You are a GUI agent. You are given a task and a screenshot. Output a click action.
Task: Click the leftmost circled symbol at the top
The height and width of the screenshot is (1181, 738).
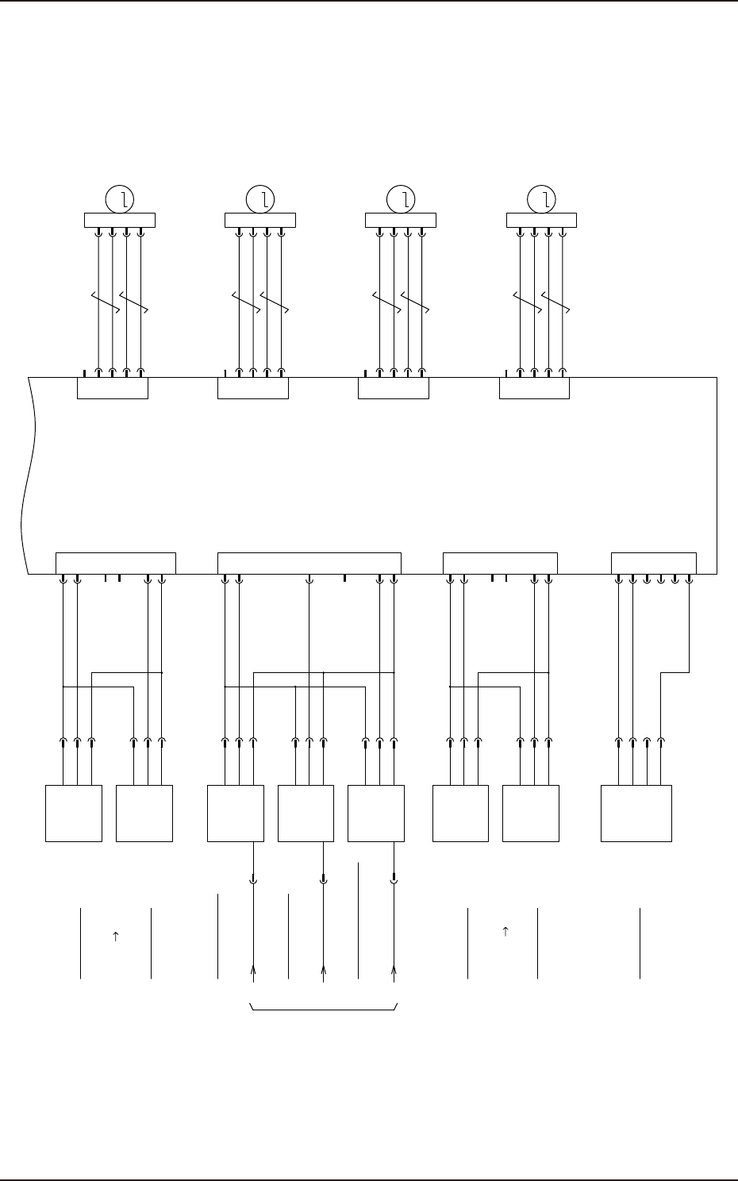point(120,199)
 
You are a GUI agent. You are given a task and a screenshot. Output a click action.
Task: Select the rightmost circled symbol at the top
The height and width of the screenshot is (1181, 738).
point(542,199)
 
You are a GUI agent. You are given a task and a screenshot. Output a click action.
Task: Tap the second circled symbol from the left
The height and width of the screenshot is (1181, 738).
point(260,199)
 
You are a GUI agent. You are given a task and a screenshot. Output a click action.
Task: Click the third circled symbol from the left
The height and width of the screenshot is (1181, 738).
point(401,199)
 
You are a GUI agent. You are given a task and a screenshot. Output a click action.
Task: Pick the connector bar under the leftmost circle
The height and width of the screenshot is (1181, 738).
point(120,220)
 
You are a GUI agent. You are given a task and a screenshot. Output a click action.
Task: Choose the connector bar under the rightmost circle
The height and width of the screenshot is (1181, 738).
point(542,220)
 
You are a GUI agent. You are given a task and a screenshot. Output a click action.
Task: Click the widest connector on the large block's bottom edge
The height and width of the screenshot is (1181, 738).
point(309,563)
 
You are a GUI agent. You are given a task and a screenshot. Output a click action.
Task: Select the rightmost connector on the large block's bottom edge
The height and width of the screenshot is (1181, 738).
point(653,563)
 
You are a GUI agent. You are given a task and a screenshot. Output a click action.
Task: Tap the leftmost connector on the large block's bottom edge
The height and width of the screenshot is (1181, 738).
point(116,563)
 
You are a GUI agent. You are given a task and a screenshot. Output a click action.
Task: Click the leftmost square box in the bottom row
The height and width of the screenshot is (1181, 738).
point(74,814)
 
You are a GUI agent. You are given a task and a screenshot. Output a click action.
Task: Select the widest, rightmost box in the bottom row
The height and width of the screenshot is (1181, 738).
point(636,814)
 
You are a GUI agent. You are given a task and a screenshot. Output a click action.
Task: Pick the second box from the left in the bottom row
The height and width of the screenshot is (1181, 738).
point(144,814)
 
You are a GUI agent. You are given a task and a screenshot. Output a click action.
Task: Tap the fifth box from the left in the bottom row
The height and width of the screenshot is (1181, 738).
point(376,814)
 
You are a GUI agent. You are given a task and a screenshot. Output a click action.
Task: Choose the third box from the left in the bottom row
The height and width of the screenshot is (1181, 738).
point(236,814)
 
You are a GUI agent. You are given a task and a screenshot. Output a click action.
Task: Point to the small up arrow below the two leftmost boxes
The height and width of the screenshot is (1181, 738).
point(116,937)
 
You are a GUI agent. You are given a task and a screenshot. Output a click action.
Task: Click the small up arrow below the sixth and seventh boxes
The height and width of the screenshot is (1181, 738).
point(505,931)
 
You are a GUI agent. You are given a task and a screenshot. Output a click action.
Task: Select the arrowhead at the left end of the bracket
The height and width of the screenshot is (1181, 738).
point(253,969)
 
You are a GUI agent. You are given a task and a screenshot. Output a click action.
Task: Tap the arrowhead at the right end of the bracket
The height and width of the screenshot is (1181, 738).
point(394,969)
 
